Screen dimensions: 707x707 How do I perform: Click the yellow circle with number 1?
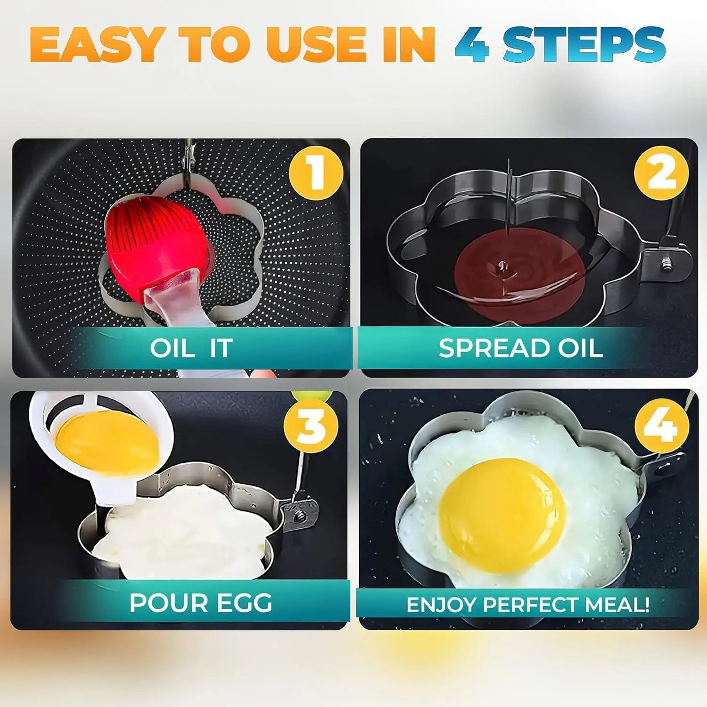[315, 173]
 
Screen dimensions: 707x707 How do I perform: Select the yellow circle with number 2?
[661, 173]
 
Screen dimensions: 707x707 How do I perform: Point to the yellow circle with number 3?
[311, 425]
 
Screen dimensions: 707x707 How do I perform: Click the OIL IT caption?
[191, 349]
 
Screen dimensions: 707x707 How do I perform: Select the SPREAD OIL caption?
[520, 349]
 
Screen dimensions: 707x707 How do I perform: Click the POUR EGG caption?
[201, 603]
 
